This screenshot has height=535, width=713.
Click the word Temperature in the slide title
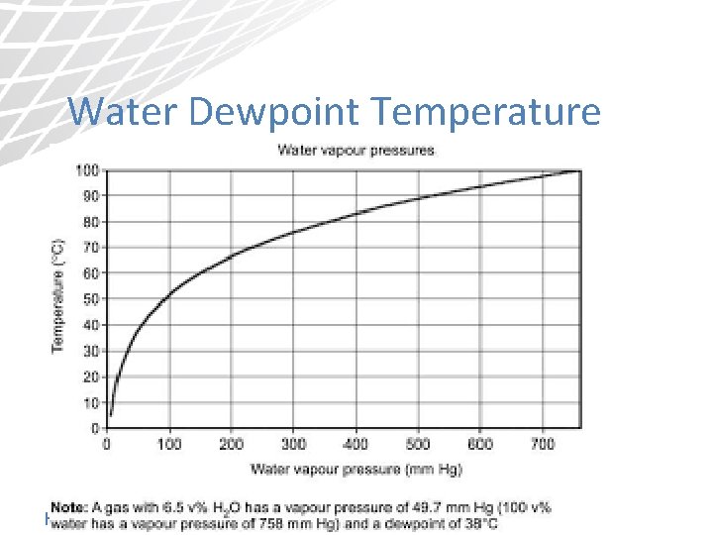pyautogui.click(x=487, y=112)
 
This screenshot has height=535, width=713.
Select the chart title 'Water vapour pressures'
pyautogui.click(x=356, y=151)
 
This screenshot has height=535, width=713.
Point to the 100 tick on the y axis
pyautogui.click(x=88, y=170)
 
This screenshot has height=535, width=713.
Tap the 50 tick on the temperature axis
pyautogui.click(x=91, y=299)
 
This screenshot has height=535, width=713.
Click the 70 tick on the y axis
pyautogui.click(x=91, y=248)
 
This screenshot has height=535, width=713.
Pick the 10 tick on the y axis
pyautogui.click(x=91, y=402)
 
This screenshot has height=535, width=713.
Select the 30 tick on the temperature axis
pyautogui.click(x=91, y=351)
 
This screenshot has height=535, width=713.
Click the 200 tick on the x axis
pyautogui.click(x=231, y=445)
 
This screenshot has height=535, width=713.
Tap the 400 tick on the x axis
pyautogui.click(x=356, y=445)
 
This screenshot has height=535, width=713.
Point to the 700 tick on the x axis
pyautogui.click(x=542, y=445)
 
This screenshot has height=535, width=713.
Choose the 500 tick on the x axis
pyautogui.click(x=418, y=445)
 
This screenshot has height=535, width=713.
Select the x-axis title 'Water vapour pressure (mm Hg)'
pyautogui.click(x=356, y=468)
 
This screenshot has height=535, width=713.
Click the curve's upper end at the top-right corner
pyautogui.click(x=578, y=171)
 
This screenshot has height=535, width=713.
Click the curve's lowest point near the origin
pyautogui.click(x=111, y=414)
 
